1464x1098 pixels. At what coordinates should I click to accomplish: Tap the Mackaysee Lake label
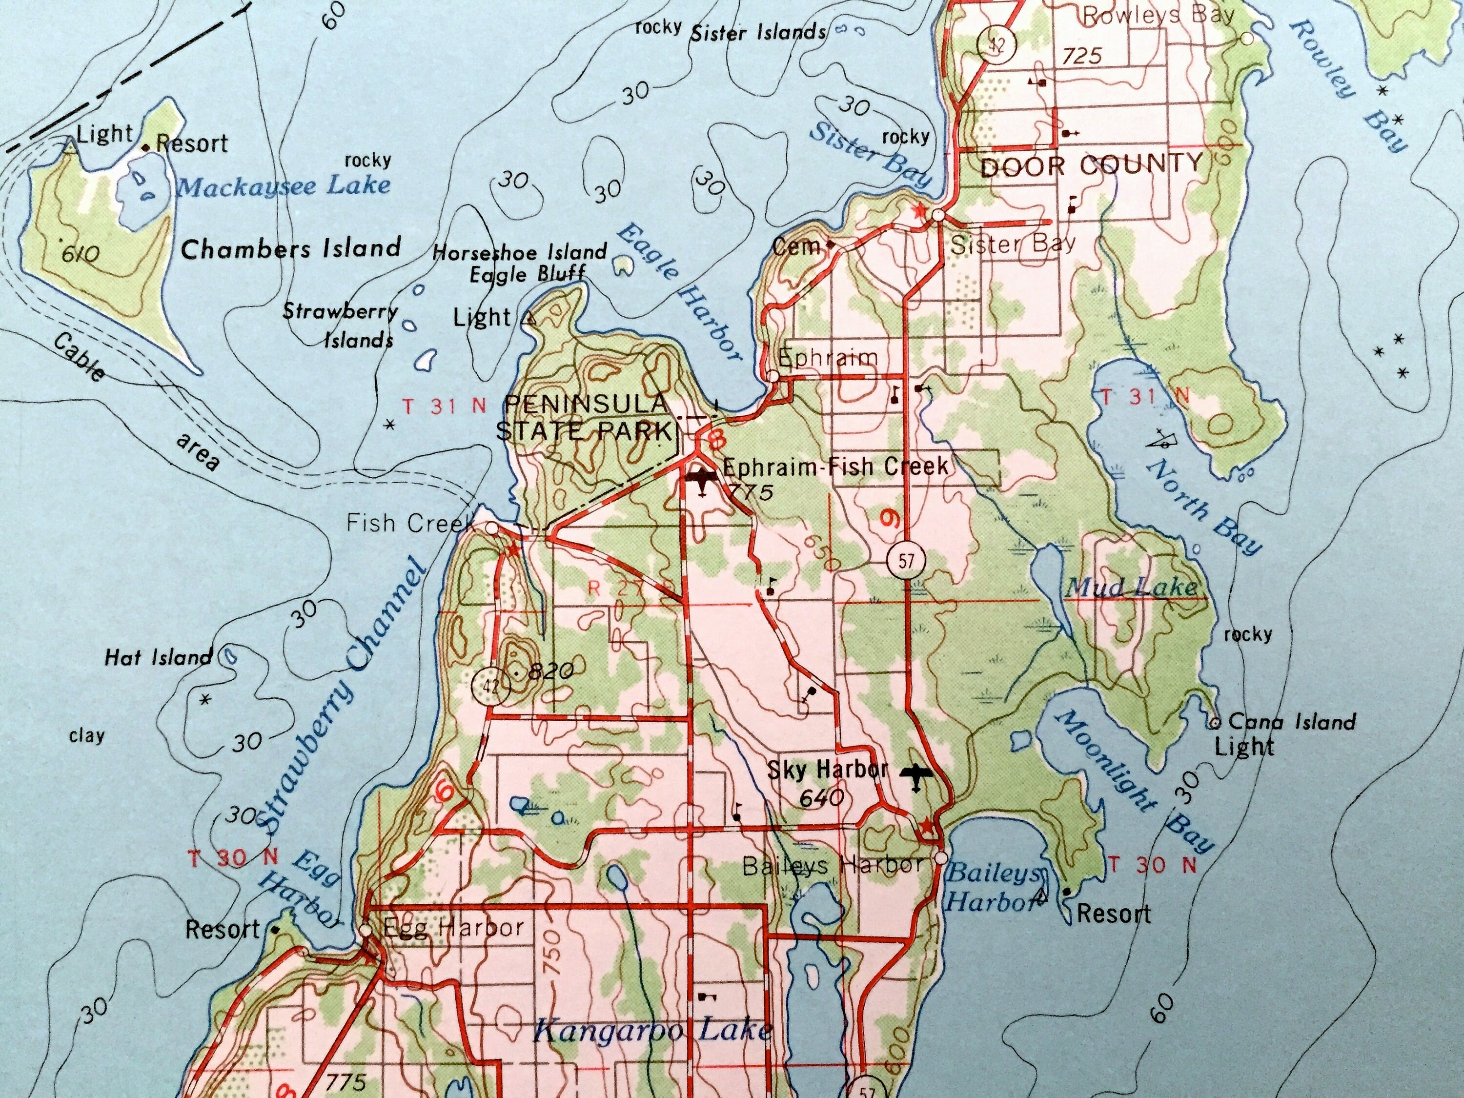[283, 186]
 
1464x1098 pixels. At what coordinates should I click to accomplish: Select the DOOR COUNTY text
[1091, 165]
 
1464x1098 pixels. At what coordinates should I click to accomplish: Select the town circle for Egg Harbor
[366, 930]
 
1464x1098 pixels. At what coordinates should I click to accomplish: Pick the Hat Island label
[158, 657]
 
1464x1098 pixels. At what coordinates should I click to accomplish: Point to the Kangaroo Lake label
[652, 1031]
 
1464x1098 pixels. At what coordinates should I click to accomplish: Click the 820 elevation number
[552, 671]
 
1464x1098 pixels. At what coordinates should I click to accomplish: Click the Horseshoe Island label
[520, 252]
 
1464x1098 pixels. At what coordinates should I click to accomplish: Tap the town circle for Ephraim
[773, 376]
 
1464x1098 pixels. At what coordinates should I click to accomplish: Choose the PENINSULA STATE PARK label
[585, 417]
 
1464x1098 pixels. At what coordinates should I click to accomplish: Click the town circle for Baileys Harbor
[940, 858]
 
